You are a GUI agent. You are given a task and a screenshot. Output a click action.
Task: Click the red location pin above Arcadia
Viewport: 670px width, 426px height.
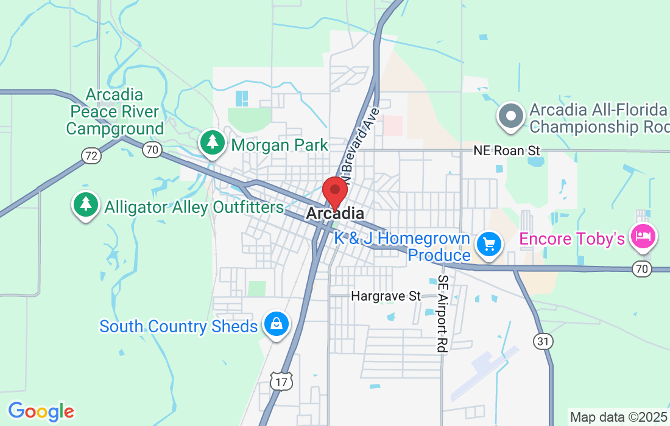tap(334, 191)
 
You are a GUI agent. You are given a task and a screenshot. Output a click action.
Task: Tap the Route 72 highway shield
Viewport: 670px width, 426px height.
tap(91, 156)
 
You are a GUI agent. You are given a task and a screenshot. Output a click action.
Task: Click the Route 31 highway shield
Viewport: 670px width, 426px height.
tap(543, 341)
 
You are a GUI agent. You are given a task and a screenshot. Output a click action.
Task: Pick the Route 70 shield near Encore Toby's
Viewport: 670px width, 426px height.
tap(643, 268)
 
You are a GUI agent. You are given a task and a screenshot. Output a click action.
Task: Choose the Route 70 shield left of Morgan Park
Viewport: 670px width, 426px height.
tap(152, 148)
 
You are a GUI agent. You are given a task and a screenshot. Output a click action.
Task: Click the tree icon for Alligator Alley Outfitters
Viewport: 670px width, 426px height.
tap(86, 204)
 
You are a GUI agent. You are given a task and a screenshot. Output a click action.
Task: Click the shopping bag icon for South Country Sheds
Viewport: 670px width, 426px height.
tap(277, 323)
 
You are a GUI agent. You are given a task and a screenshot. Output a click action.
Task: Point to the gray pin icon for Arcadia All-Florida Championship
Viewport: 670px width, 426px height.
tap(511, 115)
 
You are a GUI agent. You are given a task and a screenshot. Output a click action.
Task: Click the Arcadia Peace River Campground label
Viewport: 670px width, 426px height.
tap(115, 112)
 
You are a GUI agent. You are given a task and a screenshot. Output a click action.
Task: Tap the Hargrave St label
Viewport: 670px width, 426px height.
tap(386, 296)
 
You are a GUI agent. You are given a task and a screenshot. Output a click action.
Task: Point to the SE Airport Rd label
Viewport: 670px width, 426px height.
tap(442, 314)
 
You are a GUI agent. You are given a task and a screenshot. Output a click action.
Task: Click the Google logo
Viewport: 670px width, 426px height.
tap(40, 411)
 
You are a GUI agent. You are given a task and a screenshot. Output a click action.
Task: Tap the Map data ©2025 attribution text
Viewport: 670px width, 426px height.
tap(618, 417)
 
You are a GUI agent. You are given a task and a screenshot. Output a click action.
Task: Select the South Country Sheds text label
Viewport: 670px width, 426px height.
tap(178, 327)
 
